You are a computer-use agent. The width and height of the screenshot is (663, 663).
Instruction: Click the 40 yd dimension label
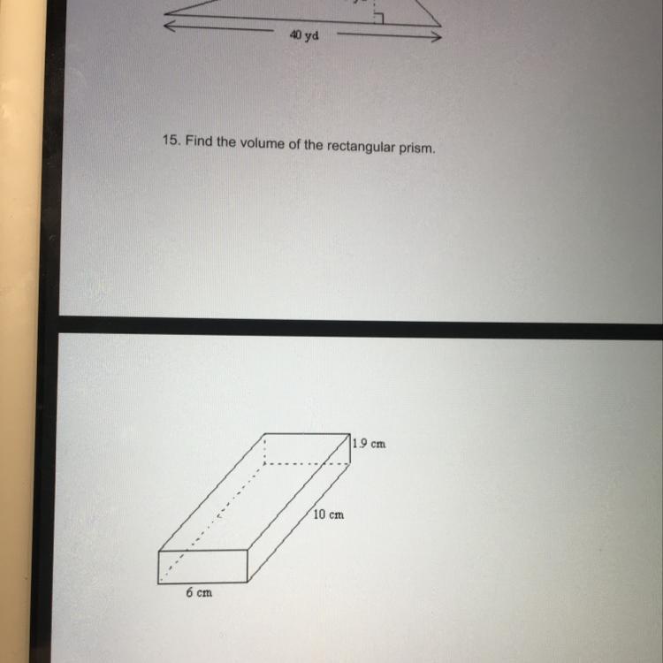click(304, 35)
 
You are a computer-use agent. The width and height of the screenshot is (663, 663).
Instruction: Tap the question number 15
click(171, 140)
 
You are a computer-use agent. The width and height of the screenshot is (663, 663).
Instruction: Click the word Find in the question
click(199, 141)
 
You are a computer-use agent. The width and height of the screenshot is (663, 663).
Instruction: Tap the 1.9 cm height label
click(370, 444)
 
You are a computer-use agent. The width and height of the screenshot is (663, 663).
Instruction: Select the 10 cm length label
click(329, 514)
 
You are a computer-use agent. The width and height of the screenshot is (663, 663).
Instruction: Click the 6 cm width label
click(199, 593)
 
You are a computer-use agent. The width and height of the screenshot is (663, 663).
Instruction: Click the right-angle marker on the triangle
click(379, 19)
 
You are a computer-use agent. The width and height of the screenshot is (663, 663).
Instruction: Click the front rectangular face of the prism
click(202, 567)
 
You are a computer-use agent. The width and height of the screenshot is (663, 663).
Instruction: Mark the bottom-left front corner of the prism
click(158, 583)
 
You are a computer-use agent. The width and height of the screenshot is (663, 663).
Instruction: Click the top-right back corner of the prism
click(350, 434)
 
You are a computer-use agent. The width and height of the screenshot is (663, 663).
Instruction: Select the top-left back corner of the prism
click(264, 434)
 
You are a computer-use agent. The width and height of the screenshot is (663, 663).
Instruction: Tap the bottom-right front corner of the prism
click(248, 583)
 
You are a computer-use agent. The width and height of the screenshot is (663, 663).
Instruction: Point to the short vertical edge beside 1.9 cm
click(350, 448)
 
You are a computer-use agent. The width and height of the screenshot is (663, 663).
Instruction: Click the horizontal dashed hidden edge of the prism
click(307, 464)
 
